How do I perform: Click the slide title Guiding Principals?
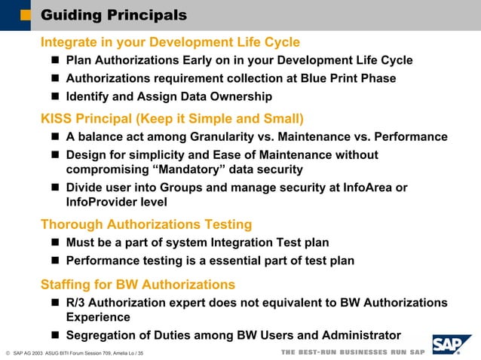114,15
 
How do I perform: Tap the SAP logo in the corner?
452,344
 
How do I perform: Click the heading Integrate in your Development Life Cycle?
170,42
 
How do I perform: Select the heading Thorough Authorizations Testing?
146,224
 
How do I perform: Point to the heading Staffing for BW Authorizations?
137,285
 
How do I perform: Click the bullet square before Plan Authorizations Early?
56,61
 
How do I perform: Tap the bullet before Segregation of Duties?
56,336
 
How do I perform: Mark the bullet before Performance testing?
56,261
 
